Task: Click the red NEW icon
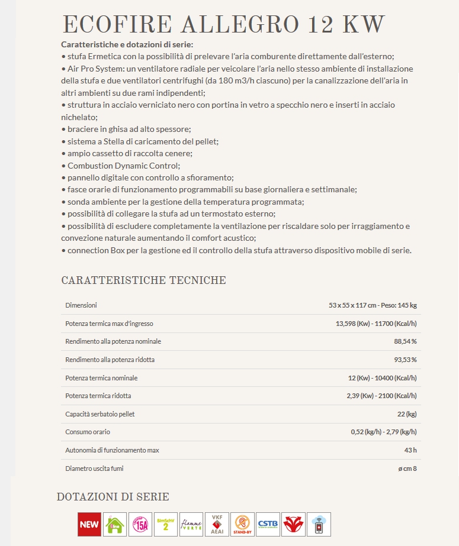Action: (89, 524)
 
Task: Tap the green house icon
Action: (115, 524)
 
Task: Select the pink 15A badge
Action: (140, 524)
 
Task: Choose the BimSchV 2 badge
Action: (166, 524)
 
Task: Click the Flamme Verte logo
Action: (191, 524)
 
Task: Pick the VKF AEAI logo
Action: (216, 524)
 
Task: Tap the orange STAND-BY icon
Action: (242, 524)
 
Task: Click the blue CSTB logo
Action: (268, 524)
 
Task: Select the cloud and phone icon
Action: (319, 524)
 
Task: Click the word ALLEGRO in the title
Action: (240, 25)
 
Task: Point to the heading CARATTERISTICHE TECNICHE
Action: (143, 280)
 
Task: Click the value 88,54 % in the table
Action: (405, 341)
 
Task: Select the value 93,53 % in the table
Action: (405, 360)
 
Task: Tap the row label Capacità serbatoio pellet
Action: (100, 414)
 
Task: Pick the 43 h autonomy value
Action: (410, 450)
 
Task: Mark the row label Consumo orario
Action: (88, 432)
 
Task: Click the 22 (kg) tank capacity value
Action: (407, 414)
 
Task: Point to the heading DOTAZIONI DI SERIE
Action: (113, 497)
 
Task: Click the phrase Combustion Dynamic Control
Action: (123, 166)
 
